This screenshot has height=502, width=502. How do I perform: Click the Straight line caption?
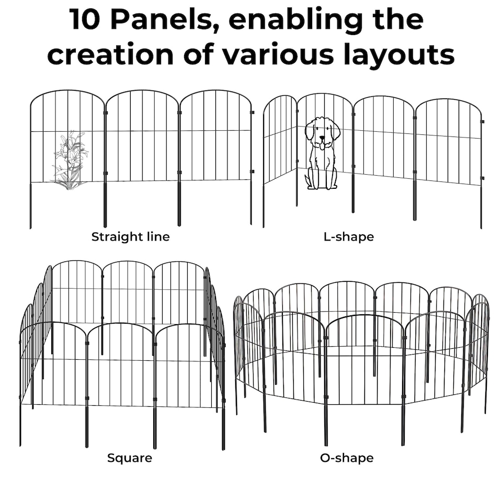coord(130,237)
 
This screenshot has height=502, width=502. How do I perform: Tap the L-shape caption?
coord(349,237)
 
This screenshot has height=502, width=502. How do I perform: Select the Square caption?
coord(130,459)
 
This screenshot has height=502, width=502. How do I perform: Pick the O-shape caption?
coord(347,459)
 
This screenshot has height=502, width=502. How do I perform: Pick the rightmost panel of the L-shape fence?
coord(448,141)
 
